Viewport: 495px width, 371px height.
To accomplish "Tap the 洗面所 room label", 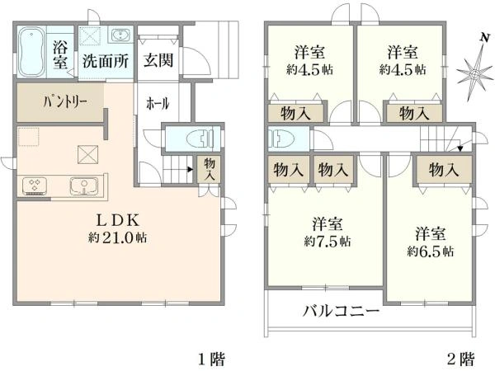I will tap(103, 60).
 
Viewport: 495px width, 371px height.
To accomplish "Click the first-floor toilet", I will tap(194, 137).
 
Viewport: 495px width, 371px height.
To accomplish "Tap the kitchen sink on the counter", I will tap(84, 185).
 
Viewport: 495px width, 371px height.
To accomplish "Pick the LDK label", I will tap(120, 220).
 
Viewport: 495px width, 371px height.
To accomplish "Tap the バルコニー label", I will tap(341, 312).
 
